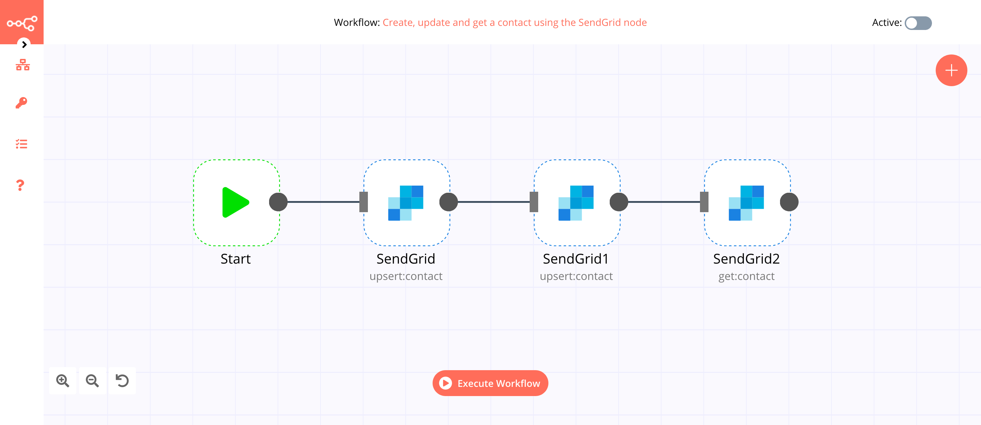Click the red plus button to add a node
(951, 70)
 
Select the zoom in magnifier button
(62, 380)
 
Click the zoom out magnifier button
(92, 380)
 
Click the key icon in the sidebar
(22, 103)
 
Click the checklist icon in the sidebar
(22, 144)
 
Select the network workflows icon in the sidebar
(22, 65)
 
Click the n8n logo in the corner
(22, 23)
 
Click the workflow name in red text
(514, 22)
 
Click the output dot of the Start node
(278, 202)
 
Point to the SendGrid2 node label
(746, 259)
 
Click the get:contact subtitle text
(746, 276)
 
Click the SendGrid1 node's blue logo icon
(576, 203)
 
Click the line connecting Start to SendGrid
(323, 202)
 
